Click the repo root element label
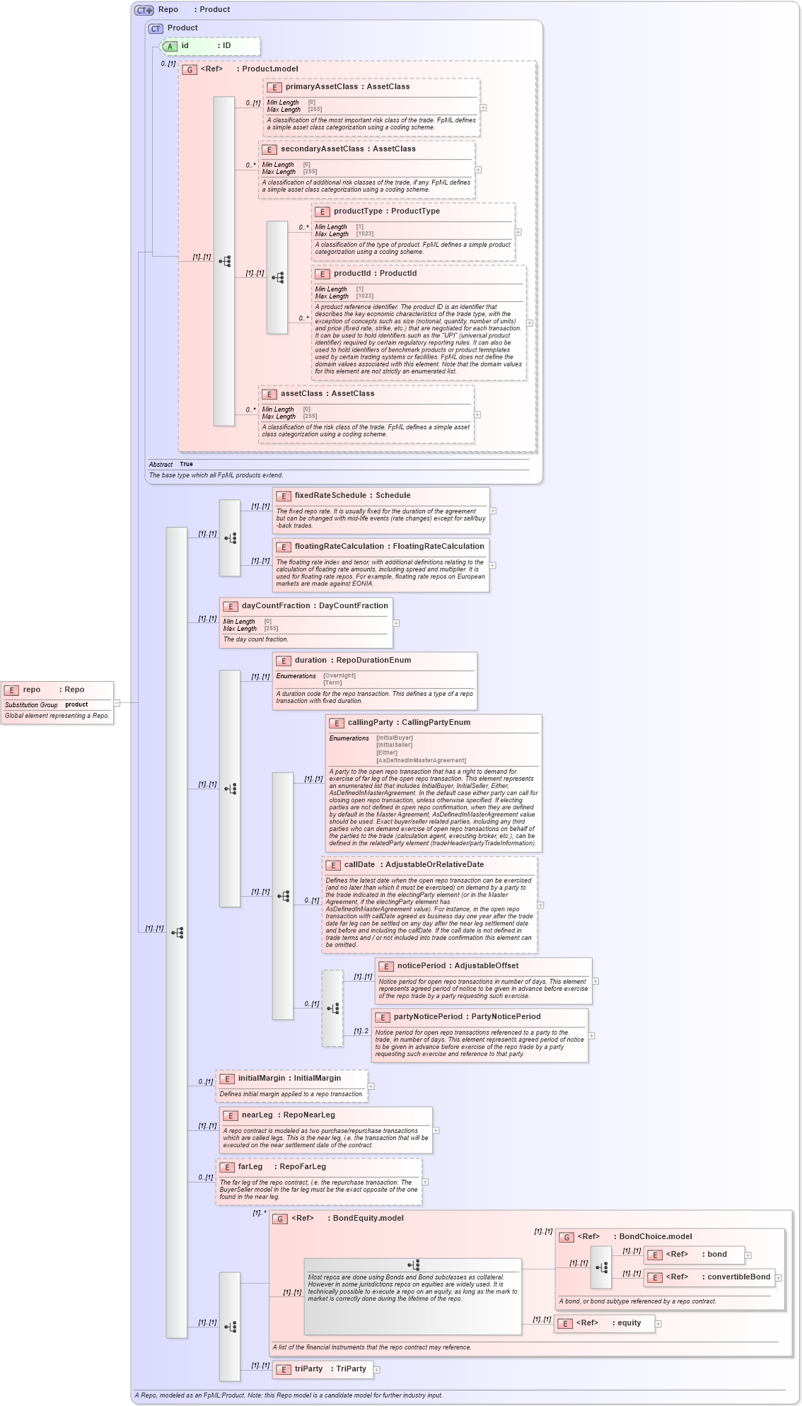[32, 690]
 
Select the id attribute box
[210, 46]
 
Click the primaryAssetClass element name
[321, 87]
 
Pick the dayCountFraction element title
[275, 606]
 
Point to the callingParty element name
[370, 723]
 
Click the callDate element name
[359, 865]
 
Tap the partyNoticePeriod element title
[427, 1017]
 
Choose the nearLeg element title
[257, 1115]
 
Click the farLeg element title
[250, 1167]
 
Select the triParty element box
[322, 1369]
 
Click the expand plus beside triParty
[377, 1370]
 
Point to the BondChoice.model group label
[655, 1237]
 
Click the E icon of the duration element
[283, 661]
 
